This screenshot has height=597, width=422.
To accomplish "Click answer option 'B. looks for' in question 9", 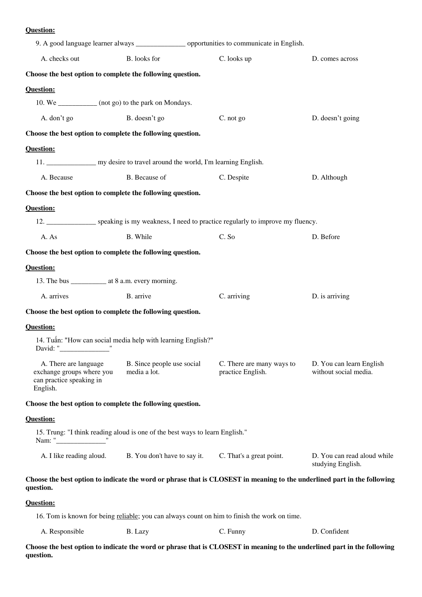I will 143,59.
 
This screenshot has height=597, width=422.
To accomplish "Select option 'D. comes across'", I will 335,59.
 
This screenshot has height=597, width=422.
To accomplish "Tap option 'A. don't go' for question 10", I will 57,118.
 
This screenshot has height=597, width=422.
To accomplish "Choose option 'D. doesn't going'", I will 335,118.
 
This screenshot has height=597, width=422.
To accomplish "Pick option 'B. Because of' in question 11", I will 146,177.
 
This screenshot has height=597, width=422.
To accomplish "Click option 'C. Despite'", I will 234,177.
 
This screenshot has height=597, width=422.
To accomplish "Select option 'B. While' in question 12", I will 139,237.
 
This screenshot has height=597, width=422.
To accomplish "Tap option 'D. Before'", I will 326,237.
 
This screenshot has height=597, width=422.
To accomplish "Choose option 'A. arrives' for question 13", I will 55,296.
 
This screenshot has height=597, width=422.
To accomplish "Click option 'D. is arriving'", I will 331,296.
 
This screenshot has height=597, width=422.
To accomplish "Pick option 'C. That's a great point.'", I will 251,456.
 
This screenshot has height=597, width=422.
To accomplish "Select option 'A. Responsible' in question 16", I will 62,531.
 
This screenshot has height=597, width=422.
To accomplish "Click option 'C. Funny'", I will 232,531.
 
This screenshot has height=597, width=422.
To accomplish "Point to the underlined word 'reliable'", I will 127,516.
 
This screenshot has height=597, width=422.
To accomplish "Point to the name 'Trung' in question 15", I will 55,432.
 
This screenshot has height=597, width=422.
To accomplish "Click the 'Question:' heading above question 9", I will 40,30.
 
